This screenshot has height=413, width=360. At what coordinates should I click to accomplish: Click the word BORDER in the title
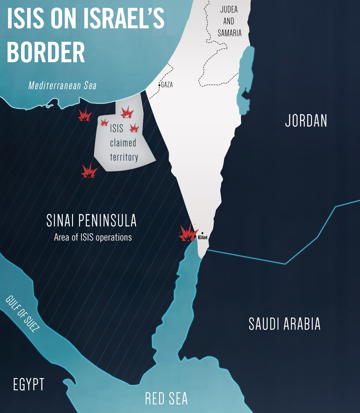[46, 52]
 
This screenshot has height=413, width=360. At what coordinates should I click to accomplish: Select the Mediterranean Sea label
[62, 86]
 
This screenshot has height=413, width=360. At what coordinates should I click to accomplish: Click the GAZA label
[167, 85]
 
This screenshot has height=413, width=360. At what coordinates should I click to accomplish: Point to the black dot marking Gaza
[159, 85]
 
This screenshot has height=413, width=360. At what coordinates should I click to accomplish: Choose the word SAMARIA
[229, 33]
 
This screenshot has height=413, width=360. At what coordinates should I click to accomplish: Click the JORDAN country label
[306, 121]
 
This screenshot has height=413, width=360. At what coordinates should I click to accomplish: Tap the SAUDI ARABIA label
[284, 324]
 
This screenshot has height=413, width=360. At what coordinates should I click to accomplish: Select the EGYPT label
[29, 384]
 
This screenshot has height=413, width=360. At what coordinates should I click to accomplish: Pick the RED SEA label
[166, 399]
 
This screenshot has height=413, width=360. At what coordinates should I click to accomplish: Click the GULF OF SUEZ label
[22, 314]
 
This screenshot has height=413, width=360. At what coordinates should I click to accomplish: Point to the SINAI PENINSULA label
[91, 220]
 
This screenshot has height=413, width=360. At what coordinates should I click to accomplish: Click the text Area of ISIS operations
[93, 237]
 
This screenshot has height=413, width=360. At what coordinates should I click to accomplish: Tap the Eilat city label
[203, 238]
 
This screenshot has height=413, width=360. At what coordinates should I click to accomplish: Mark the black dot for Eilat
[202, 233]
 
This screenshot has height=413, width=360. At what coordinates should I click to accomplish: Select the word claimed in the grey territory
[123, 143]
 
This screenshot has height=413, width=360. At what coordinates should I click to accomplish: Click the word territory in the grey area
[124, 157]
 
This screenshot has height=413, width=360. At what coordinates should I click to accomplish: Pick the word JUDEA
[229, 9]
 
